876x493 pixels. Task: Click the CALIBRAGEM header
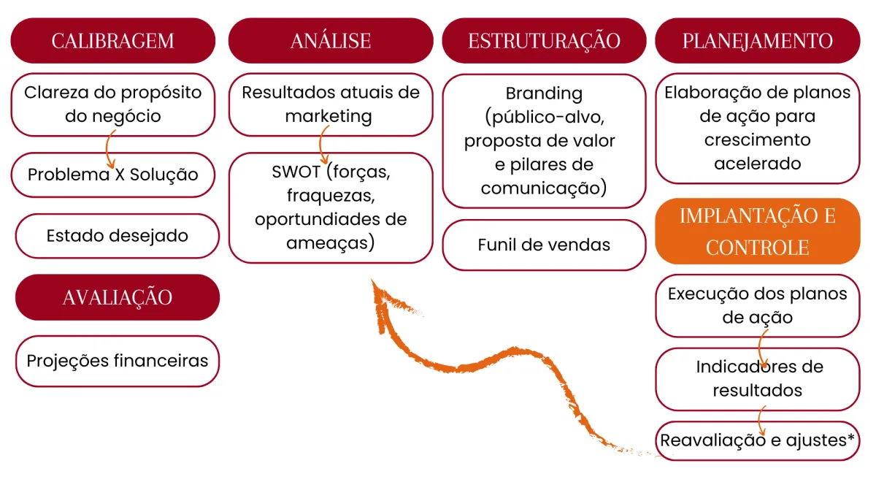[x=112, y=40]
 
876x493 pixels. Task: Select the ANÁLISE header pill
[x=330, y=40]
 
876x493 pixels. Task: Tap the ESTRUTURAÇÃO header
[x=544, y=40]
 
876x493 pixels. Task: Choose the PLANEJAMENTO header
[x=757, y=40]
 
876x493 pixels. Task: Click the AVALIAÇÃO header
[x=117, y=297]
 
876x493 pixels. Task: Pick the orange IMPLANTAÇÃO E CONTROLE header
[x=757, y=231]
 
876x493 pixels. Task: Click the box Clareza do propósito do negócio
[x=112, y=104]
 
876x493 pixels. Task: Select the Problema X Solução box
[x=112, y=175]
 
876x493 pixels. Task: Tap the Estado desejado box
[x=117, y=235]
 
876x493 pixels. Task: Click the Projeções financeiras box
[x=117, y=361]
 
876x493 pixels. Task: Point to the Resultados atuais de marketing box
[x=330, y=104]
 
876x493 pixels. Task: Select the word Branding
[x=544, y=93]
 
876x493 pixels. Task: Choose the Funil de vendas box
[x=544, y=245]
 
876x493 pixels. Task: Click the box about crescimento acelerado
[x=757, y=128]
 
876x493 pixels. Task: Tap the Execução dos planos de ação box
[x=757, y=305]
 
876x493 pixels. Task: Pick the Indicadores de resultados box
[x=757, y=378]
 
